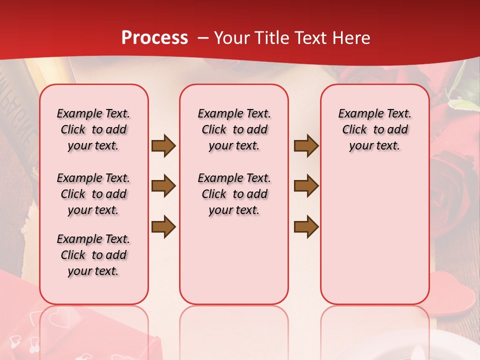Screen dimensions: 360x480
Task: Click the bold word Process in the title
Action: [x=154, y=38]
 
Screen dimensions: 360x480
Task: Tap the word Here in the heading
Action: [x=351, y=38]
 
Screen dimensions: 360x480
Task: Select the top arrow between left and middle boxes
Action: [x=163, y=146]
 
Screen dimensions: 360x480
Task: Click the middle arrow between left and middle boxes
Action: [x=163, y=186]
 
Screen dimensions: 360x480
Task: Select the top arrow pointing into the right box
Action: [x=306, y=146]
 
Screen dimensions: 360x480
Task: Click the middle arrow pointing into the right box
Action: [x=306, y=186]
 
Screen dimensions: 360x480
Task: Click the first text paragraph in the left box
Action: [x=93, y=129]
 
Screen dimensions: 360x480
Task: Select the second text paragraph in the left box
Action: [x=93, y=194]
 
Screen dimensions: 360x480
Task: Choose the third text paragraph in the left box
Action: [x=93, y=255]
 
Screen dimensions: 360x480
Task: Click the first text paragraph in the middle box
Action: [x=234, y=129]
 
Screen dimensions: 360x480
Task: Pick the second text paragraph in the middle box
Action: [x=234, y=194]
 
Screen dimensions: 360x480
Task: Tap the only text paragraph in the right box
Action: [x=374, y=129]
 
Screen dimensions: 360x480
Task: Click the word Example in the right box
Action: [x=356, y=113]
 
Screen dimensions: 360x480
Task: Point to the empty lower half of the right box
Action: [x=374, y=240]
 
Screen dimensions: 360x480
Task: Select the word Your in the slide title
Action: [x=230, y=38]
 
